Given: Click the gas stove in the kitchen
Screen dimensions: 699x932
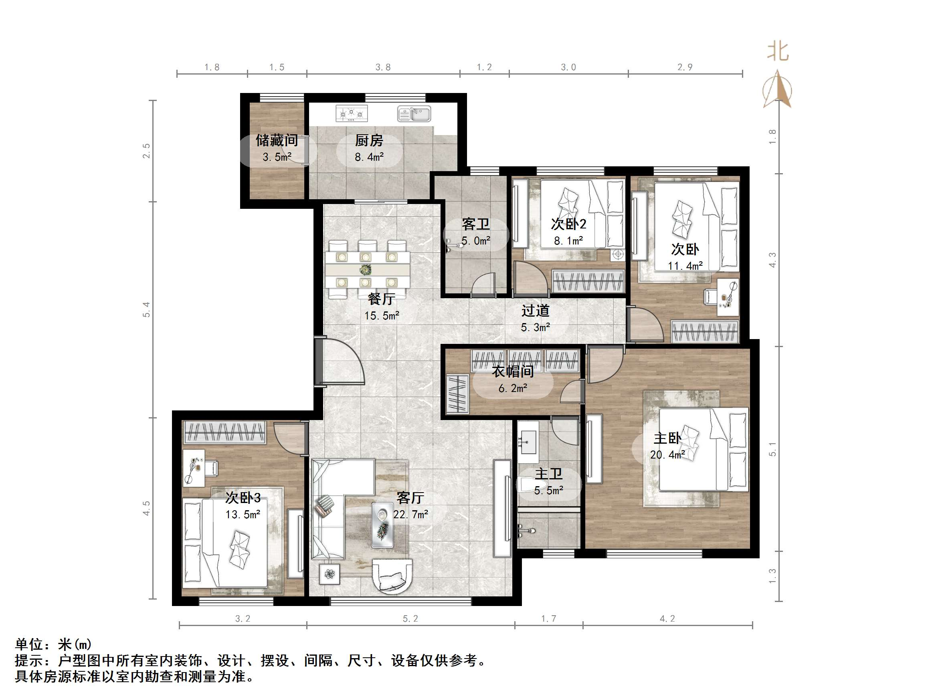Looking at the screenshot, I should click(x=352, y=113).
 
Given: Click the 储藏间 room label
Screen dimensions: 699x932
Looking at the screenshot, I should click(x=277, y=140).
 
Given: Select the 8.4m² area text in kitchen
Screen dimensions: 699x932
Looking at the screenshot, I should click(x=369, y=157).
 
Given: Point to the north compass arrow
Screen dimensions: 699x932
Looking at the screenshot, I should click(x=777, y=90).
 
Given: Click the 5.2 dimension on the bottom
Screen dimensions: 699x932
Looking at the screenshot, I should click(x=410, y=618).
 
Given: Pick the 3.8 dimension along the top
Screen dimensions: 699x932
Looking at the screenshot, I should click(x=383, y=67).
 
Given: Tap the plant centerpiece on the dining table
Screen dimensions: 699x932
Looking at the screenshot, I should click(x=365, y=269).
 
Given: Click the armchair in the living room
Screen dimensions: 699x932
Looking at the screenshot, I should click(x=392, y=576).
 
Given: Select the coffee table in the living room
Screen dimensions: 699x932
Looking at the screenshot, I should click(x=382, y=525).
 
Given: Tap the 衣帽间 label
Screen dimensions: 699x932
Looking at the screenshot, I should click(x=513, y=371).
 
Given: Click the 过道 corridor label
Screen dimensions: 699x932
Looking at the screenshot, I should click(x=536, y=311).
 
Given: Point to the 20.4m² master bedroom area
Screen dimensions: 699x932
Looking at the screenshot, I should click(x=667, y=455).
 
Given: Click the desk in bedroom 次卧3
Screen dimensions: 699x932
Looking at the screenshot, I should click(x=193, y=468).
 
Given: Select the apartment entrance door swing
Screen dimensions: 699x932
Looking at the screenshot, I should click(x=341, y=361).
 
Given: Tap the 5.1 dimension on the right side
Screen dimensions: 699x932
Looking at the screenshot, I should click(x=772, y=449).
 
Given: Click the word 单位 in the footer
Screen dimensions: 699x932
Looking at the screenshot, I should click(x=29, y=644).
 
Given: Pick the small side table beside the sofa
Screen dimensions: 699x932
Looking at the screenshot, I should click(x=329, y=574).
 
